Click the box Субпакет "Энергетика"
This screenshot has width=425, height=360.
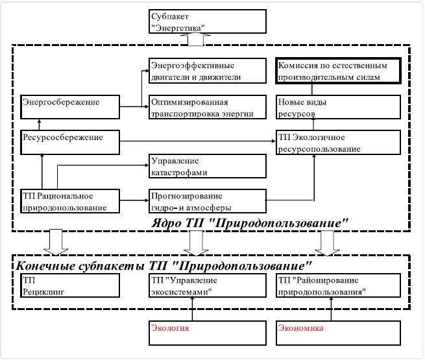coord(208,21)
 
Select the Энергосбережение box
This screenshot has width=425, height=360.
coord(70,107)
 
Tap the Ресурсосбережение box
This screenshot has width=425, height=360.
coord(70,142)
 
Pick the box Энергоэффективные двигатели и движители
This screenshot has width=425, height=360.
coord(208,71)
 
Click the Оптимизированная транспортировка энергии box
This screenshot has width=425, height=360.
coord(208,107)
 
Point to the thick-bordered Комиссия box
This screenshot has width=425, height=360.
coord(338,71)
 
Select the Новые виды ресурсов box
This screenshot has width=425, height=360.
coord(338,107)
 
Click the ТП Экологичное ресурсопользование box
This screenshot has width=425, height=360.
coord(338,142)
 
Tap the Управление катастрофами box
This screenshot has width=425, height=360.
coord(208,166)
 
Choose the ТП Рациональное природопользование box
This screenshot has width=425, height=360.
coord(70,201)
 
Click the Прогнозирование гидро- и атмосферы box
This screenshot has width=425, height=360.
coord(208,201)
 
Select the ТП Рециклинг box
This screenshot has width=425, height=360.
coord(70,285)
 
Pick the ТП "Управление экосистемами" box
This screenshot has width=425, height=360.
coord(208,285)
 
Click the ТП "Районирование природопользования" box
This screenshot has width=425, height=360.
coord(338,285)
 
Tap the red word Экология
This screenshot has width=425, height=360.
coord(170,328)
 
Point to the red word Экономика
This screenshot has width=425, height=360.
coord(301,328)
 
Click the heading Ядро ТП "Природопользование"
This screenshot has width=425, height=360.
coord(250,223)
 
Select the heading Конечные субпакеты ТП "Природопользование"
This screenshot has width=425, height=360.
coord(164,266)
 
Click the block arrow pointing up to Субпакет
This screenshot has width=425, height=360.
coord(195,39)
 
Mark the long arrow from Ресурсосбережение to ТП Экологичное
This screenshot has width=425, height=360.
coord(198,141)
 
